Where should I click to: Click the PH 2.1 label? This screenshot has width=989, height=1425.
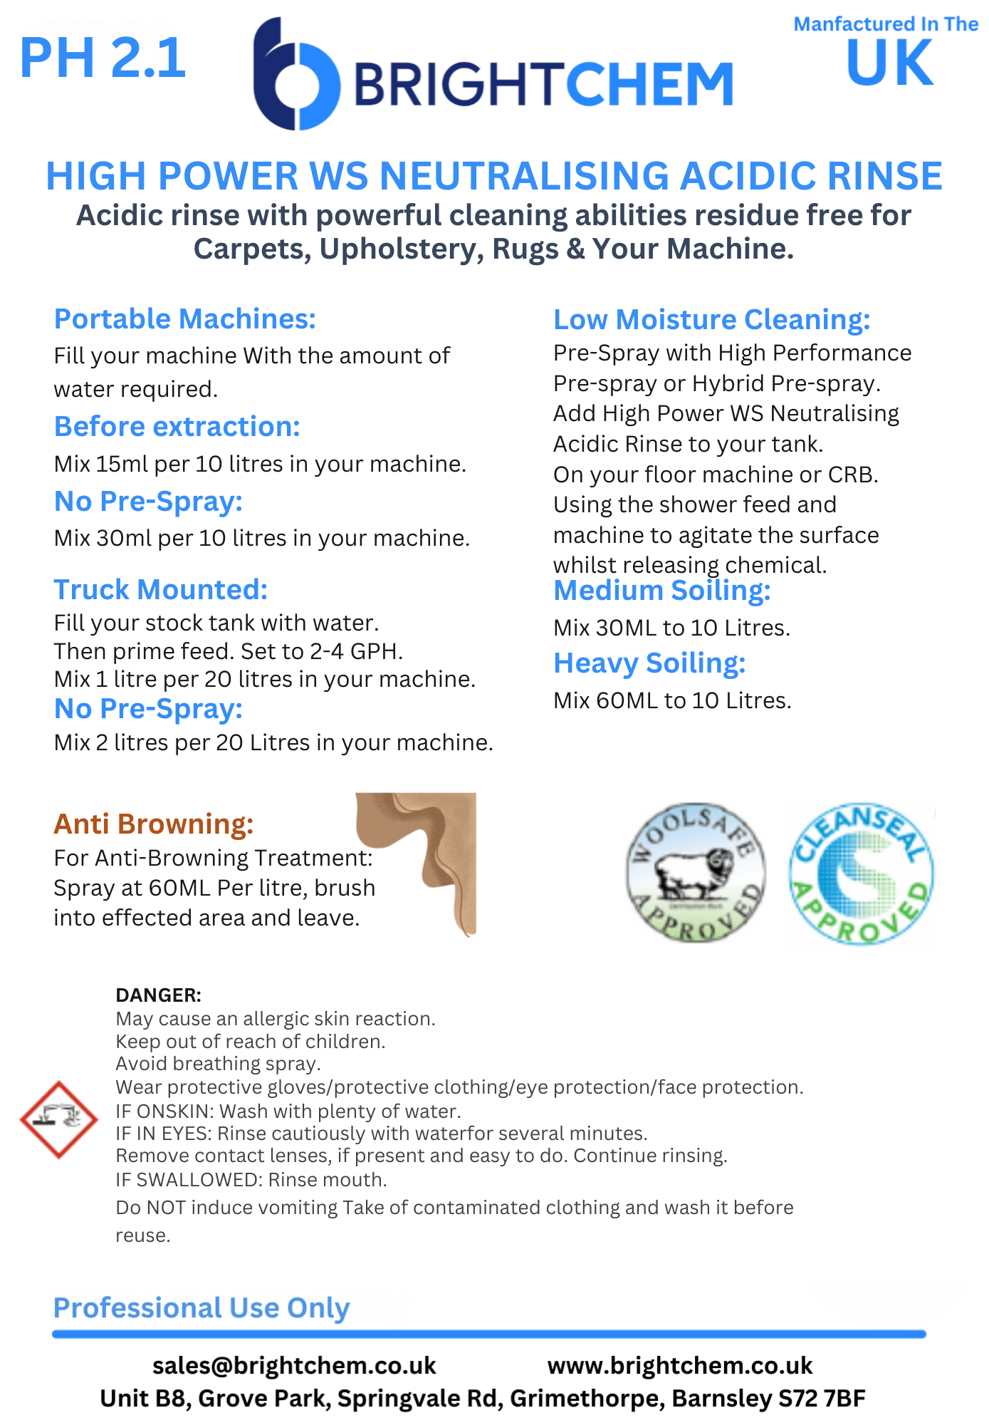[x=103, y=58]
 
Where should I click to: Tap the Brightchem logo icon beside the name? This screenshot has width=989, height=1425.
[x=295, y=75]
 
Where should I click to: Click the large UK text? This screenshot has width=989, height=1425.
[x=889, y=64]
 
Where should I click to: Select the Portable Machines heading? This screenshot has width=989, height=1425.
[x=184, y=319]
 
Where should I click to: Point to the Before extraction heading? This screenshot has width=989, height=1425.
[x=177, y=427]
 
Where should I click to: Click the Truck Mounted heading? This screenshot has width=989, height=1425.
[x=160, y=590]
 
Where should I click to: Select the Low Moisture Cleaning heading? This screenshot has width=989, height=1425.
[x=711, y=320]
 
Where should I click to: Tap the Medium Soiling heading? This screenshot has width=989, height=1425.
[x=661, y=591]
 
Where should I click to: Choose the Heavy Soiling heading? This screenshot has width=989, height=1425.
[x=649, y=663]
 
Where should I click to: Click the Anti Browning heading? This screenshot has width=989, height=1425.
[x=153, y=824]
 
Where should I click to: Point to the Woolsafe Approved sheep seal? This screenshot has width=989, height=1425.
[x=696, y=873]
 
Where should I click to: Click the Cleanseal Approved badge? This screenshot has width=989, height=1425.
[x=861, y=874]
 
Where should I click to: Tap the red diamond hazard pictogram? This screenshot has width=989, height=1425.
[x=58, y=1119]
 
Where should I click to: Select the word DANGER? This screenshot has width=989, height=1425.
[x=158, y=995]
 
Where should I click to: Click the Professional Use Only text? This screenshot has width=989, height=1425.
[x=202, y=1308]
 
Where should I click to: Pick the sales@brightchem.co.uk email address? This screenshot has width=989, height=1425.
[x=293, y=1366]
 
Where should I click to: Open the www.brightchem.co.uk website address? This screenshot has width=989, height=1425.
[x=679, y=1366]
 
